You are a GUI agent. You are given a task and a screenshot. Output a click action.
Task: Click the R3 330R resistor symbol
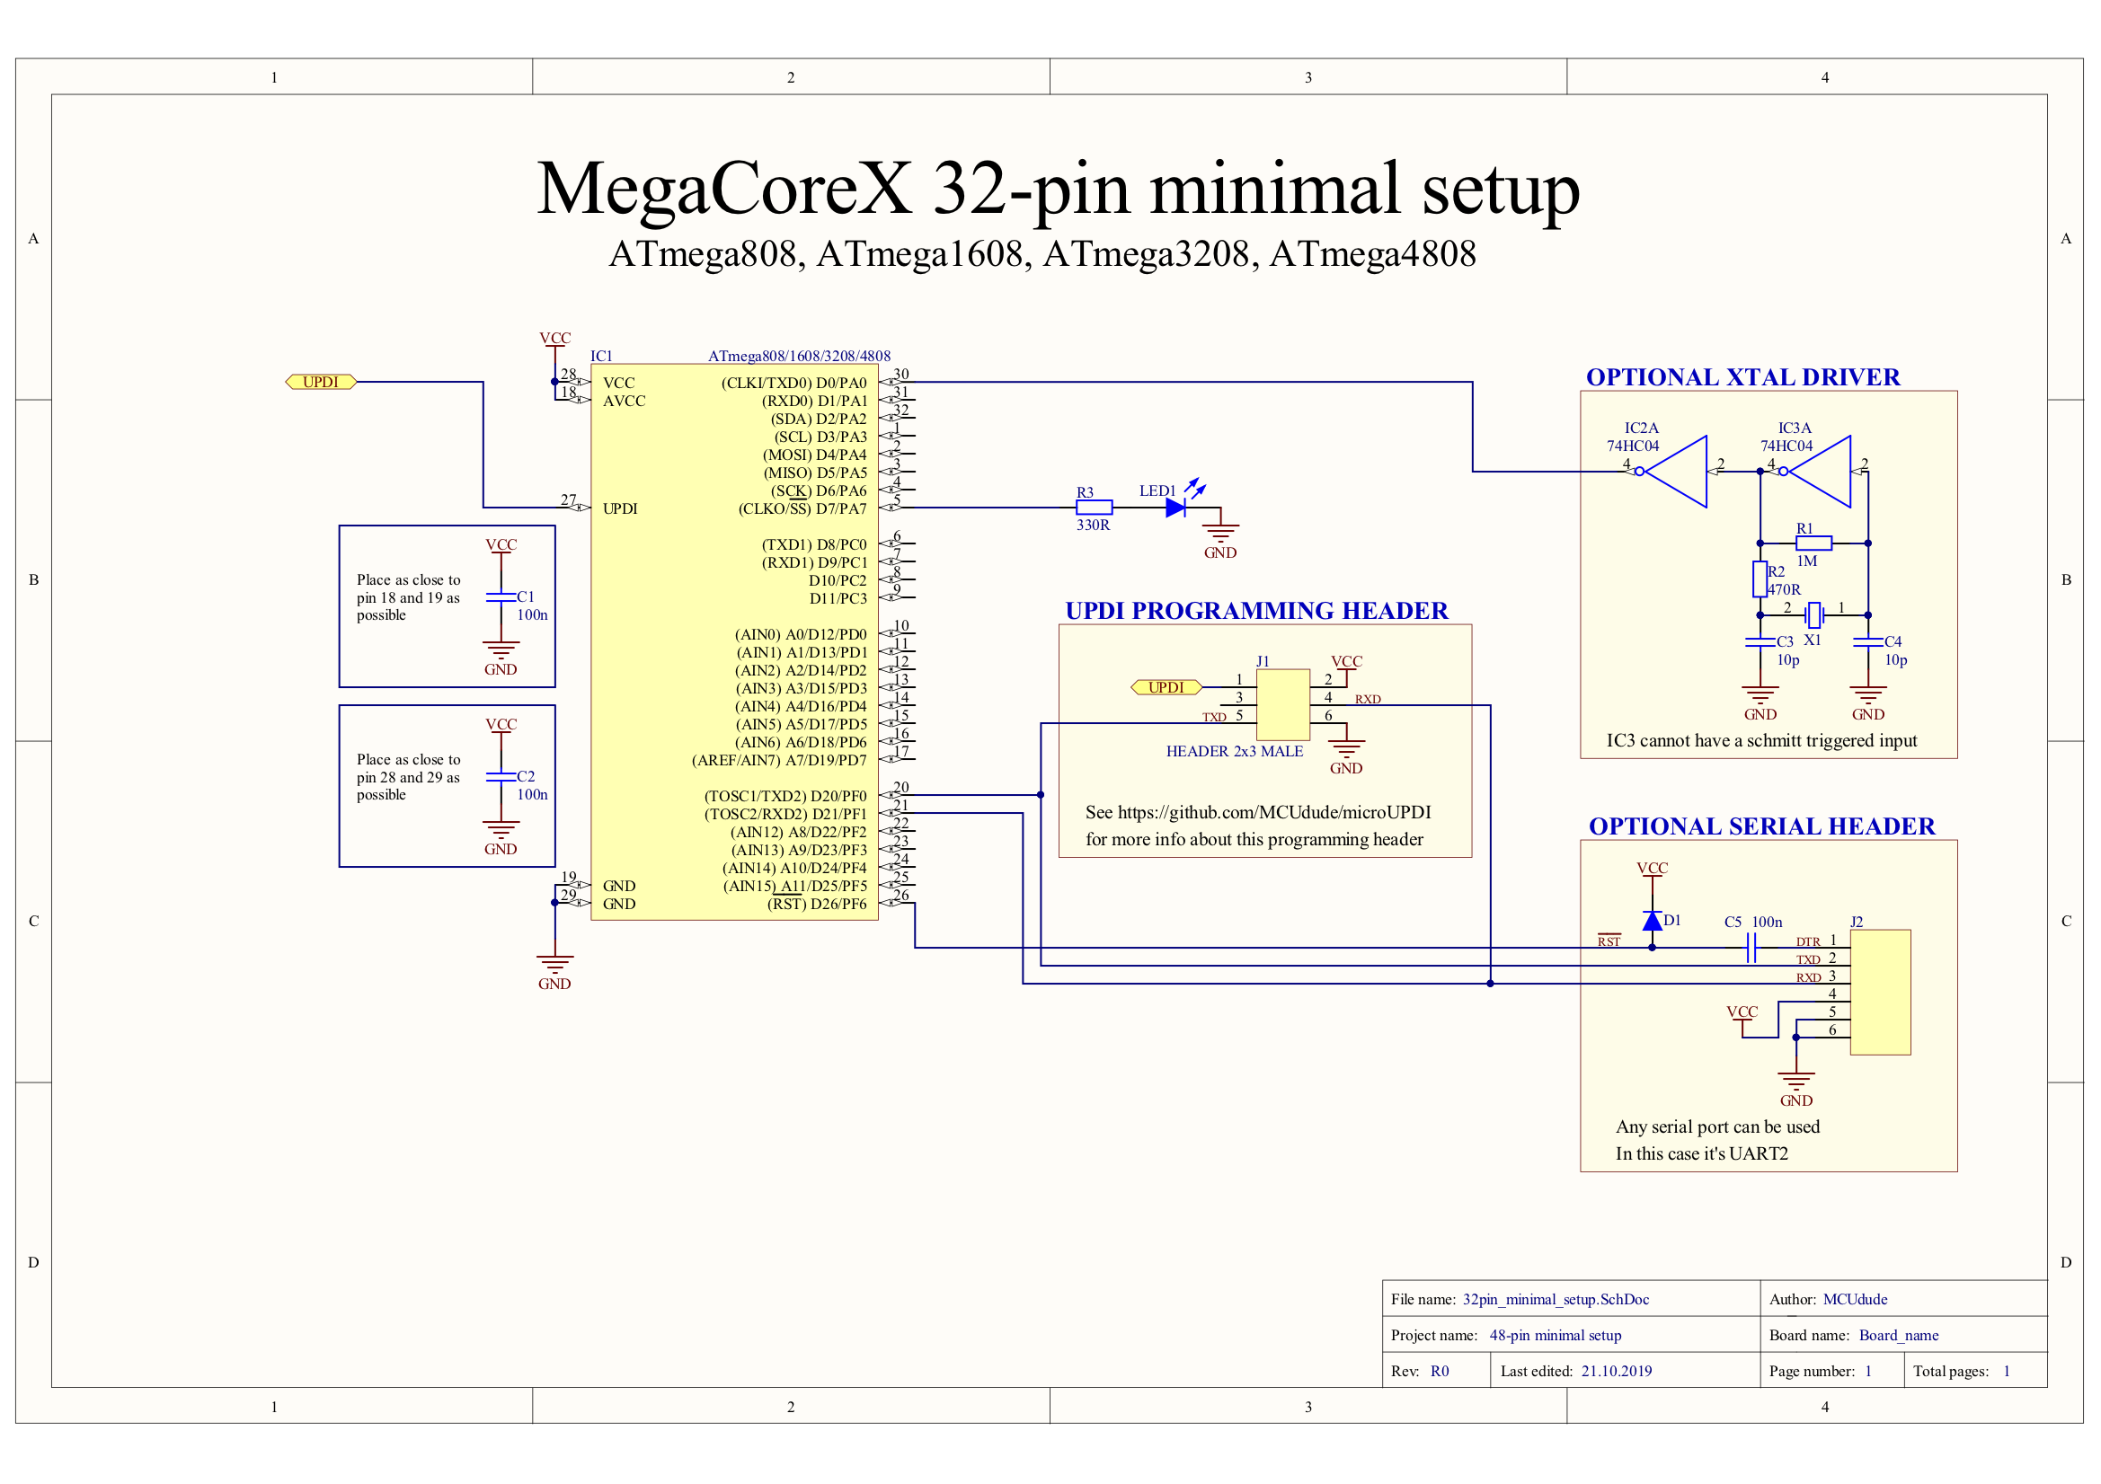(1094, 507)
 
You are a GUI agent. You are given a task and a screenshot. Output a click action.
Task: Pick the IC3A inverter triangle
(1820, 472)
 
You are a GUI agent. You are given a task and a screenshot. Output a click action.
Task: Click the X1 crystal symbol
(1813, 614)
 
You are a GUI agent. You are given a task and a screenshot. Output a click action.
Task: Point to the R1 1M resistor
(1813, 543)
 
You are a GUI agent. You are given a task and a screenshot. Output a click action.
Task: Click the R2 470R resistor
(1760, 579)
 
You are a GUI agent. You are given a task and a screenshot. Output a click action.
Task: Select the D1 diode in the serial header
(1652, 921)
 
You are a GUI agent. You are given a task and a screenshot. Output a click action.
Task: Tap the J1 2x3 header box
(1282, 704)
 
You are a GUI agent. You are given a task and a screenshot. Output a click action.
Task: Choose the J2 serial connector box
(1880, 992)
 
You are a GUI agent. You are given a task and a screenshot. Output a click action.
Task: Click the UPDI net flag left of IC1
(320, 382)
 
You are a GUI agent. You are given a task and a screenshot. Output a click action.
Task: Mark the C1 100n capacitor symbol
(501, 597)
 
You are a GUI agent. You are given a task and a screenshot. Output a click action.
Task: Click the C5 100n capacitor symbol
(1751, 948)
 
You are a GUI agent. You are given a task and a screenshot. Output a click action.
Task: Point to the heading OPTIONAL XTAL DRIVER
(1742, 377)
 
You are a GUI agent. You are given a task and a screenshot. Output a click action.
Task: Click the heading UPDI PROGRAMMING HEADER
(1256, 610)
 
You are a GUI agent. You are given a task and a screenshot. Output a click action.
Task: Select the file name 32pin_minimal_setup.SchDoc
(1556, 1299)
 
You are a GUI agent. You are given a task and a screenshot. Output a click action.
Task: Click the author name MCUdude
(1855, 1299)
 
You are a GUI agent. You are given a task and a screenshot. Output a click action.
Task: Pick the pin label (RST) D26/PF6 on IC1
(816, 904)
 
